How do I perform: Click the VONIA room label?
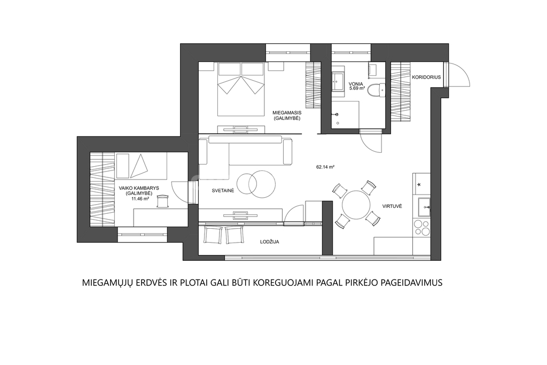356,84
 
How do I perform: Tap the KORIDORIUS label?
426,77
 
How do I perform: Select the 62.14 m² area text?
325,167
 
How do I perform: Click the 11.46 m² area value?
140,199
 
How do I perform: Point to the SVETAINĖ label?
223,191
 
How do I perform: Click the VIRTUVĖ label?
392,206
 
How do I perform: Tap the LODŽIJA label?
269,242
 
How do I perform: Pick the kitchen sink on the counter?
424,207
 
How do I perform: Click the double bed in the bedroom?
240,89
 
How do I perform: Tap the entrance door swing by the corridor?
459,75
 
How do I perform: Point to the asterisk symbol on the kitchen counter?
419,184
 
